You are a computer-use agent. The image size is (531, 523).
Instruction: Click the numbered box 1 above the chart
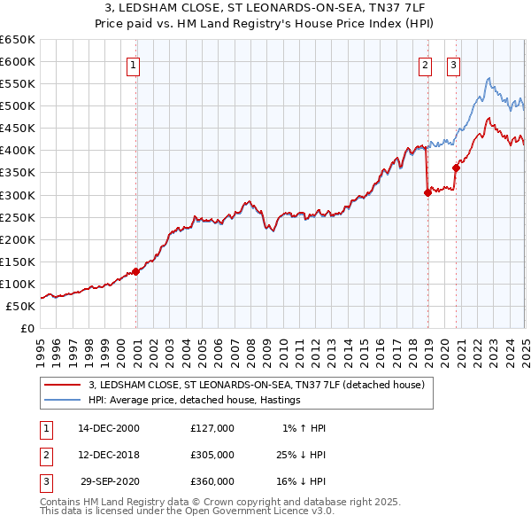point(133,64)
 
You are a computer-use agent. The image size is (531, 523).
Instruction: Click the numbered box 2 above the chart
point(426,64)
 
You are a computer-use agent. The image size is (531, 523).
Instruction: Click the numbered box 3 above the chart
point(453,64)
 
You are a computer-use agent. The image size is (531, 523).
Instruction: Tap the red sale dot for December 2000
point(136,271)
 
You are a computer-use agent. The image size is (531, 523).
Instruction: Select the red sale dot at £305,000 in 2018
point(427,191)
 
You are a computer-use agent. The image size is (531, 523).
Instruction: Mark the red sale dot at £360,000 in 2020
point(457,168)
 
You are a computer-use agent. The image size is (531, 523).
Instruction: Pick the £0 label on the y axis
point(27,328)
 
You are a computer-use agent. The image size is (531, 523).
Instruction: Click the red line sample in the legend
point(62,385)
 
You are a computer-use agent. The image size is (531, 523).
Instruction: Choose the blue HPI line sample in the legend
point(62,400)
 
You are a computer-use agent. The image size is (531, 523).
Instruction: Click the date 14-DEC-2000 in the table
point(109,428)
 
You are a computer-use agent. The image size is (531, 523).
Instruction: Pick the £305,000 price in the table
point(212,455)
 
